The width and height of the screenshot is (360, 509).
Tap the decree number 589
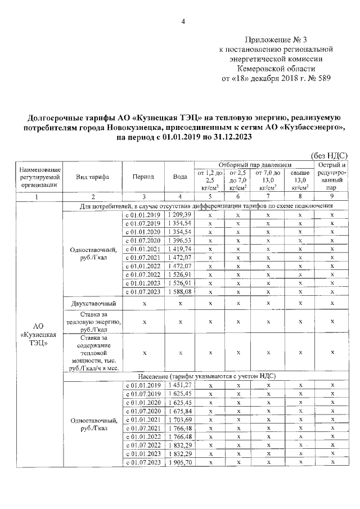pyautogui.click(x=323, y=79)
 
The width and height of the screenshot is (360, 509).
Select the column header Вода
pyautogui.click(x=180, y=176)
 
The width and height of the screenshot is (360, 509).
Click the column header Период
pyautogui.click(x=143, y=176)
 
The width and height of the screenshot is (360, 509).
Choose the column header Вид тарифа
pyautogui.click(x=92, y=176)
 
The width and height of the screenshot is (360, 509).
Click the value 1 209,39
pyautogui.click(x=179, y=215)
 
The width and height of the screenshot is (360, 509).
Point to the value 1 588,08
pyautogui.click(x=179, y=292)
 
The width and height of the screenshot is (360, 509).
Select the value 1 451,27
pyautogui.click(x=179, y=385)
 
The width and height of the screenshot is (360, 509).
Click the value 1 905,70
pyautogui.click(x=179, y=462)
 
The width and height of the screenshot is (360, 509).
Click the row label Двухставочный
pyautogui.click(x=92, y=303)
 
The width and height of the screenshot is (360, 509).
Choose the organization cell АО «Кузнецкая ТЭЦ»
pyautogui.click(x=38, y=334)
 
